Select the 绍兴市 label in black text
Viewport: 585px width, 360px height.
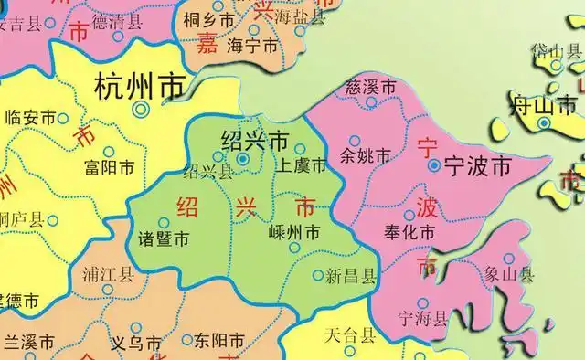pyautogui.click(x=256, y=141)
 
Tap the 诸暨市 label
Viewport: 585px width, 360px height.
pyautogui.click(x=164, y=239)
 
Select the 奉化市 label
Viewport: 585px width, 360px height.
pyautogui.click(x=408, y=233)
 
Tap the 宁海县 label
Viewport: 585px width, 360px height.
pyautogui.click(x=422, y=318)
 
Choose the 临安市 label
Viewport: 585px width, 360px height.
pyautogui.click(x=32, y=117)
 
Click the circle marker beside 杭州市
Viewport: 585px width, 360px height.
pyautogui.click(x=140, y=109)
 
